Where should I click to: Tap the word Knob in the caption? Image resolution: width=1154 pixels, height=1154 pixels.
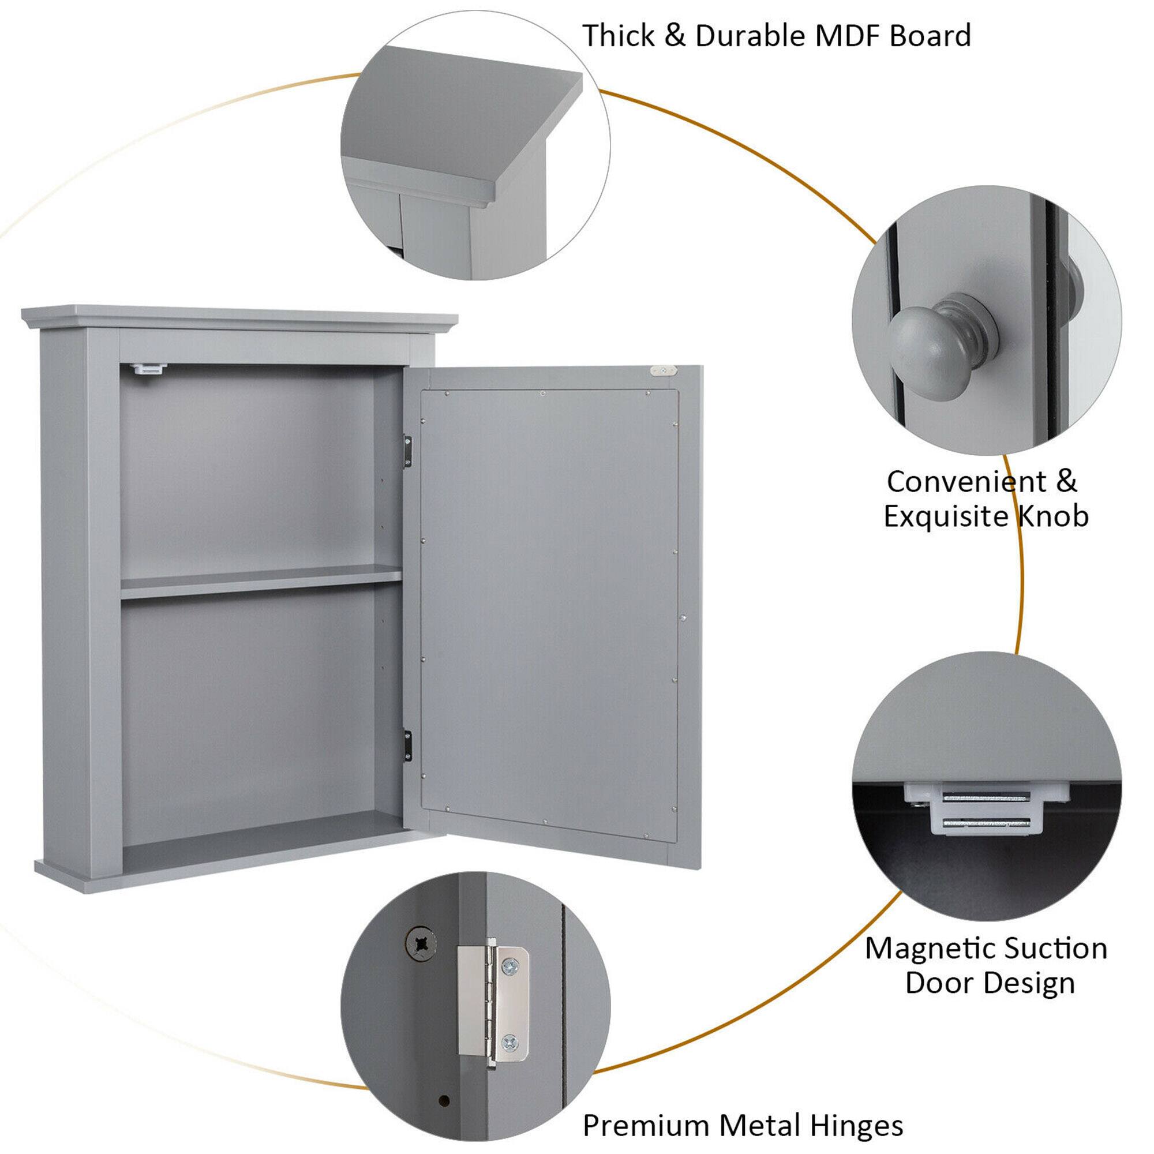tap(1053, 516)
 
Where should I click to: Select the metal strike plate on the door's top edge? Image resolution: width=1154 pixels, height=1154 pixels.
tap(664, 371)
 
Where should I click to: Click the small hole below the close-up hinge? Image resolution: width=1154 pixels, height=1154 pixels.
tap(443, 1116)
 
